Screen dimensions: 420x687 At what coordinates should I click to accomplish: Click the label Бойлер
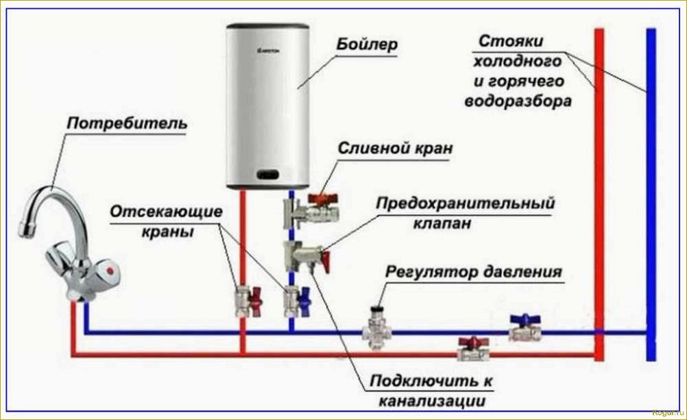tap(367, 45)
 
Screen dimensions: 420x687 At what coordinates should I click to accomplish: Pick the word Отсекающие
tap(165, 212)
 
